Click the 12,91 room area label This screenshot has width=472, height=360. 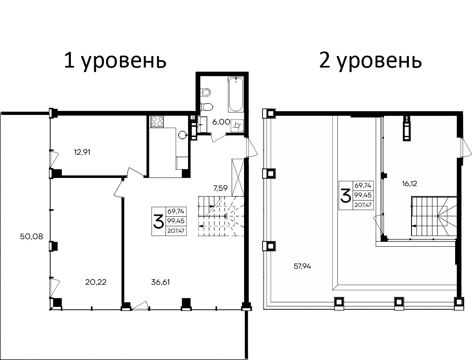[82, 152]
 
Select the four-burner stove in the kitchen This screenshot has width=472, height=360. [157, 122]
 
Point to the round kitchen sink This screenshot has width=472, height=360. [183, 134]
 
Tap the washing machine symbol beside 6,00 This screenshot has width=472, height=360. [237, 125]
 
